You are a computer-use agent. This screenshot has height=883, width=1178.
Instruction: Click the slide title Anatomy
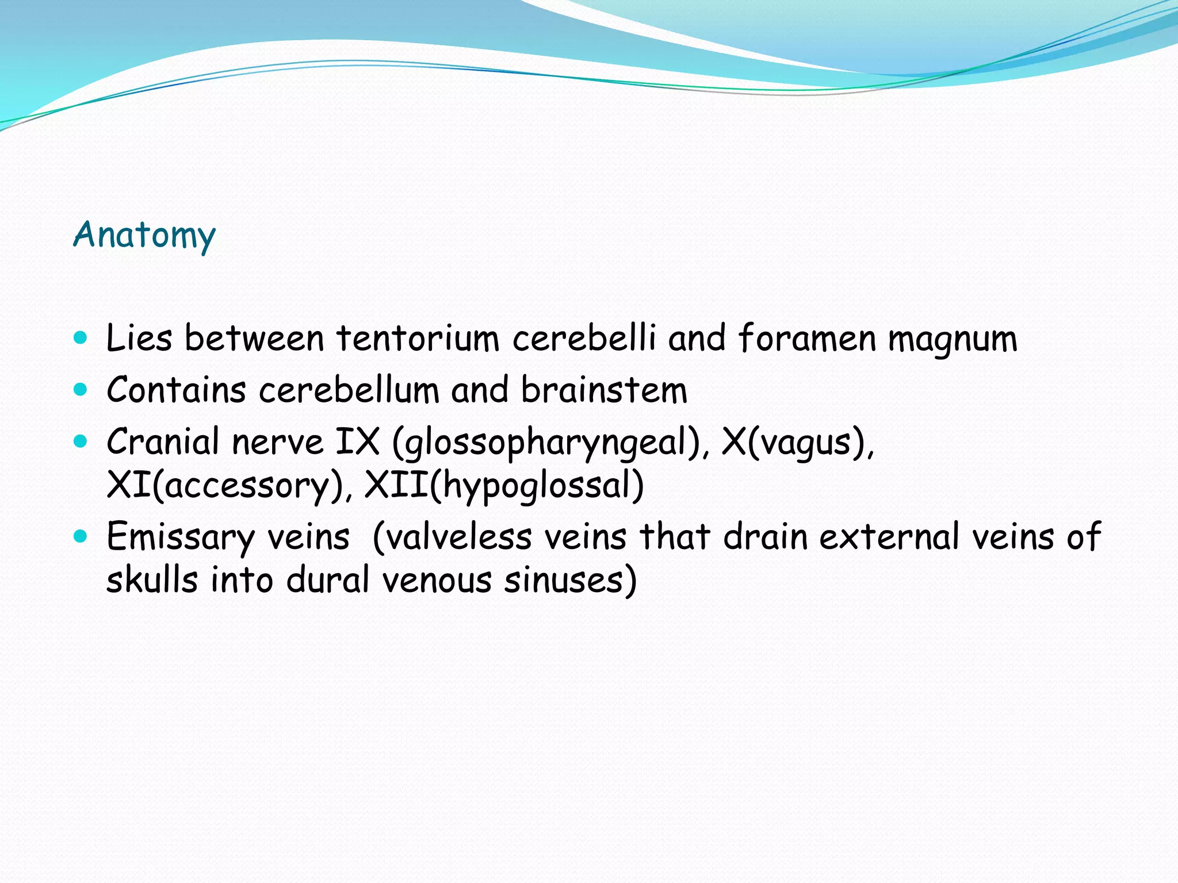144,235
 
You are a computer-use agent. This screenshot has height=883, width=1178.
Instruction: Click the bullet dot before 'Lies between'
81,337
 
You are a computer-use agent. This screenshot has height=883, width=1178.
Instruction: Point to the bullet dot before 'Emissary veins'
81,536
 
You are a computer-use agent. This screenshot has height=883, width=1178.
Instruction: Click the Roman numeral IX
357,441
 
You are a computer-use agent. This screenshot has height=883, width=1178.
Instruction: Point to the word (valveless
452,538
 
